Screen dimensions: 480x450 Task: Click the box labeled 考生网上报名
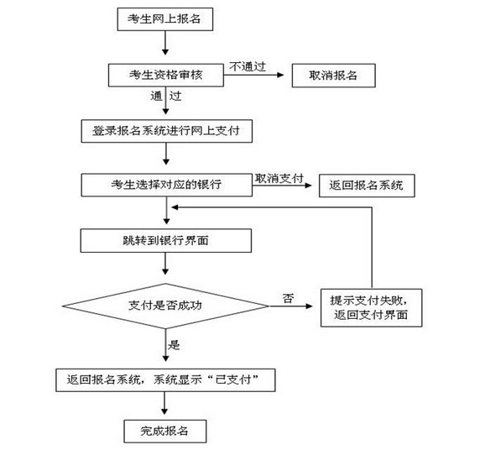[165, 19]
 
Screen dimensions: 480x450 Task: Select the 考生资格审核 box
[166, 75]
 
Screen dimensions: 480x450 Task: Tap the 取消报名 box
[334, 76]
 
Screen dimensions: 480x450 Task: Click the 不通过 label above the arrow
[248, 66]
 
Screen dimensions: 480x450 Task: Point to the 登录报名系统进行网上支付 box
[167, 131]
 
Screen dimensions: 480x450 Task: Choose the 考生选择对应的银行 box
[167, 185]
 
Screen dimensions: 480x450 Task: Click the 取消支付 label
[279, 178]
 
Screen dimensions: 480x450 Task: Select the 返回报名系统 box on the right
[367, 186]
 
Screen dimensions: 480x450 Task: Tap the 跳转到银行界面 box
[166, 241]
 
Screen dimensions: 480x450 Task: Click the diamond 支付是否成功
[165, 306]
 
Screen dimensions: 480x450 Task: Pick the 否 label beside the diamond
[288, 298]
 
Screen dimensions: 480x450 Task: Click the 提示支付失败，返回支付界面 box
[371, 308]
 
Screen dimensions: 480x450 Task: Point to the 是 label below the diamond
[174, 345]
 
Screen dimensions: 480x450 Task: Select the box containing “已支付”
[165, 380]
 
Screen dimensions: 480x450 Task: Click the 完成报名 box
[165, 432]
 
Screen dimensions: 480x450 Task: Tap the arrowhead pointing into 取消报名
[280, 75]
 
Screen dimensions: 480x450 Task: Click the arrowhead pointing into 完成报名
[164, 411]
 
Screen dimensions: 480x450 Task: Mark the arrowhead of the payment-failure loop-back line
[175, 207]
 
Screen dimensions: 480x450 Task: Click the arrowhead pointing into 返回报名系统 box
[308, 186]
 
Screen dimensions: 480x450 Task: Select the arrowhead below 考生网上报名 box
[165, 51]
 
